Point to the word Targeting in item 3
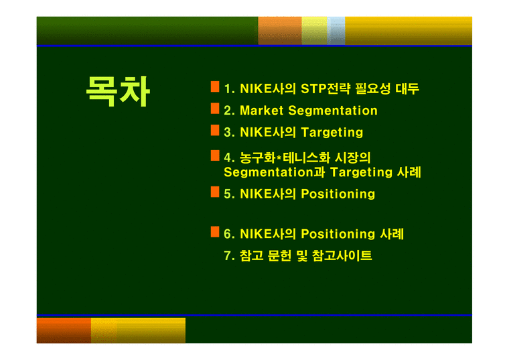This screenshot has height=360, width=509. (332, 132)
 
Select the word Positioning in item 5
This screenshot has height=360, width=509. (338, 194)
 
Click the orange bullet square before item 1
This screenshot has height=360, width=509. (215, 86)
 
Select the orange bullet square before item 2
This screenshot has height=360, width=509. (215, 108)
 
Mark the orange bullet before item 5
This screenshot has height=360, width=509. (215, 192)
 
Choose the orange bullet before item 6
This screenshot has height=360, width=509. (215, 231)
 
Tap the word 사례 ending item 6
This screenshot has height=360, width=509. (392, 234)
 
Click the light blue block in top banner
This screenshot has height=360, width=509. (336, 30)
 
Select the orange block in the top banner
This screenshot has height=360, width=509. (279, 30)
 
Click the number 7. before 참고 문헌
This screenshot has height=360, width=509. (228, 255)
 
